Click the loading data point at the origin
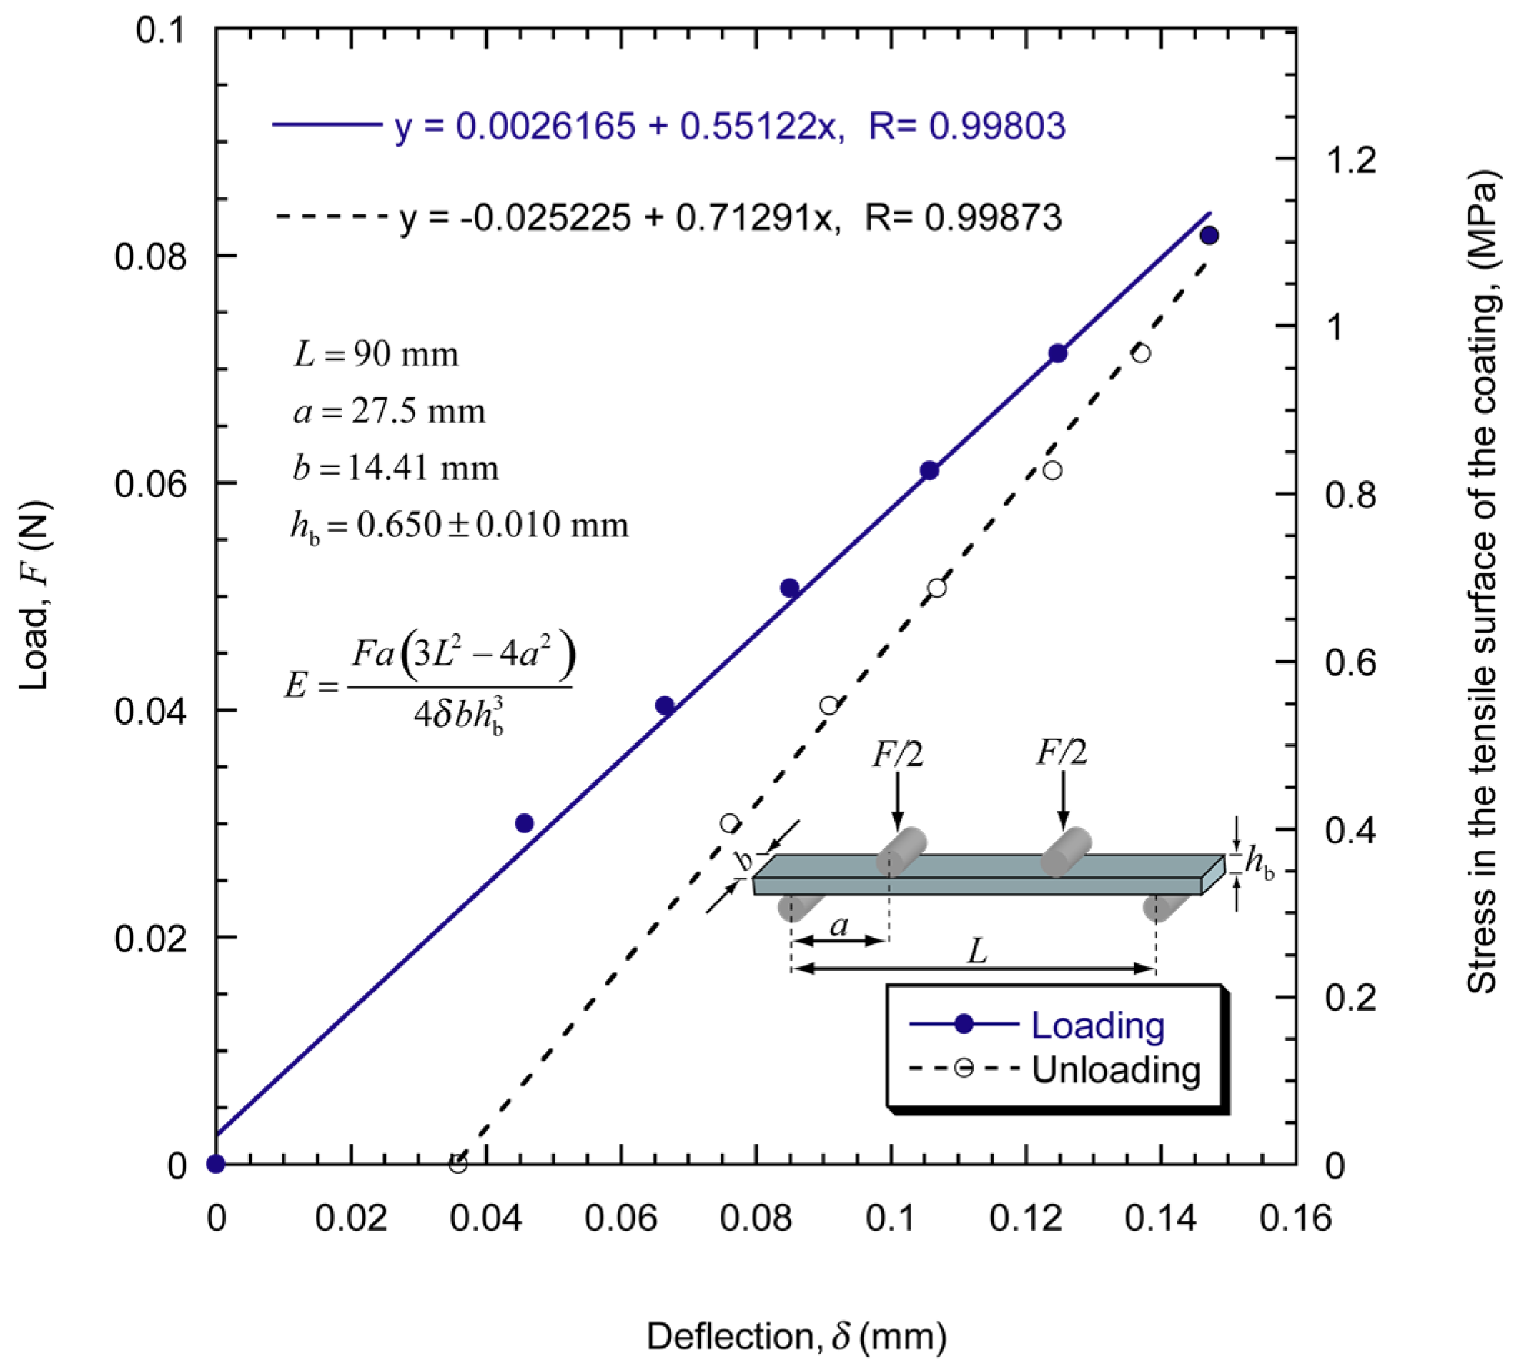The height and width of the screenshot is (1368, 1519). click(x=217, y=1164)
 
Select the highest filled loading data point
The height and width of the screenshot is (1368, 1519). click(x=1209, y=235)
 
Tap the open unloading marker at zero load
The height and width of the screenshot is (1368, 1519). click(x=457, y=1164)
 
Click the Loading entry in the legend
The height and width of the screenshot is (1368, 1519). click(x=1097, y=1025)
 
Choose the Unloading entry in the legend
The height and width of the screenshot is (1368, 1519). click(x=1115, y=1069)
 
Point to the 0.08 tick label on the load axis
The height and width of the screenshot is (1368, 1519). click(x=149, y=257)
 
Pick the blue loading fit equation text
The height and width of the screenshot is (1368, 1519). click(x=729, y=126)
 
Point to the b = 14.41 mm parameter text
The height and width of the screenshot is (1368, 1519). click(x=395, y=468)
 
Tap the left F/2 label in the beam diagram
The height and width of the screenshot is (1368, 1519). click(x=897, y=754)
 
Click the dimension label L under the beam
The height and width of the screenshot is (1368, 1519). click(x=976, y=952)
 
